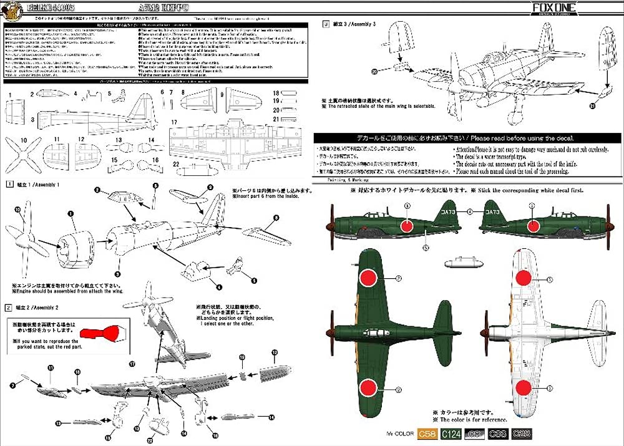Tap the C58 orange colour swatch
click(427, 434)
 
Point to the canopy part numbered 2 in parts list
click(52, 94)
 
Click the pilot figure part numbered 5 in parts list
click(117, 97)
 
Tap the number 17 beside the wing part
click(175, 122)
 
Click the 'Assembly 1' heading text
click(41, 185)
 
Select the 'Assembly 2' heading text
click(41, 308)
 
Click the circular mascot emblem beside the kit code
click(11, 12)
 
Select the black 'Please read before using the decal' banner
click(444, 138)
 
